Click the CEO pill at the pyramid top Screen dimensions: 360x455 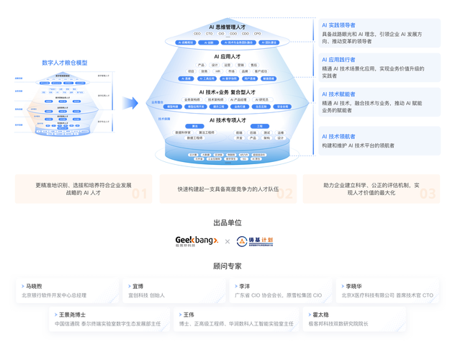[x=198, y=33]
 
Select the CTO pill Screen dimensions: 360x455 [x=210, y=33]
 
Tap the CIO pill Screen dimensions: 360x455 [x=221, y=33]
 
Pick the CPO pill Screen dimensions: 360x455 [x=257, y=33]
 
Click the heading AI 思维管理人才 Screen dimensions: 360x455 [x=227, y=26]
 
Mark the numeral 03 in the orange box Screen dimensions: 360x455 [x=428, y=193]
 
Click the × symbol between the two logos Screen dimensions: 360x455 [x=226, y=240]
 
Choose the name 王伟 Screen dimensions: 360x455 [x=189, y=315]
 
